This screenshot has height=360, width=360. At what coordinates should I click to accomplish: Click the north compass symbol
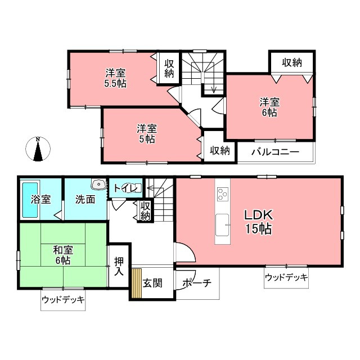(x=37, y=150)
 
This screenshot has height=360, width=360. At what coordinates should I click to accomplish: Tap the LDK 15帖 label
(x=258, y=222)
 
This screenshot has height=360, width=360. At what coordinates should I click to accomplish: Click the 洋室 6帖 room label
(x=268, y=107)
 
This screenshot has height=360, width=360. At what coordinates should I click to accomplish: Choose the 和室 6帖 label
(x=62, y=254)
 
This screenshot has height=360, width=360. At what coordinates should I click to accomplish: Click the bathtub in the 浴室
(x=30, y=201)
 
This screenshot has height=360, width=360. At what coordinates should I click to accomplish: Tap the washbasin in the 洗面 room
(x=98, y=184)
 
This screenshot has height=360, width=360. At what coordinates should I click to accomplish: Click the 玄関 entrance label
(x=152, y=283)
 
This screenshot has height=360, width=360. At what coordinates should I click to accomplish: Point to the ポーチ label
(x=197, y=283)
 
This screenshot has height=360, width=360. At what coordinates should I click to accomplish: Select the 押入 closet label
(x=119, y=266)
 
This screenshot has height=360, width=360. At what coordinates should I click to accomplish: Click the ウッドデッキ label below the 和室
(x=64, y=300)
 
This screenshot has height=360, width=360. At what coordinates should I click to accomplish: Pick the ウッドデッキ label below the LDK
(x=286, y=277)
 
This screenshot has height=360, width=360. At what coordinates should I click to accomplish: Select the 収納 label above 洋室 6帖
(x=291, y=62)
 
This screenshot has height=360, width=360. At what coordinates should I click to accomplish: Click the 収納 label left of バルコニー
(x=219, y=150)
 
